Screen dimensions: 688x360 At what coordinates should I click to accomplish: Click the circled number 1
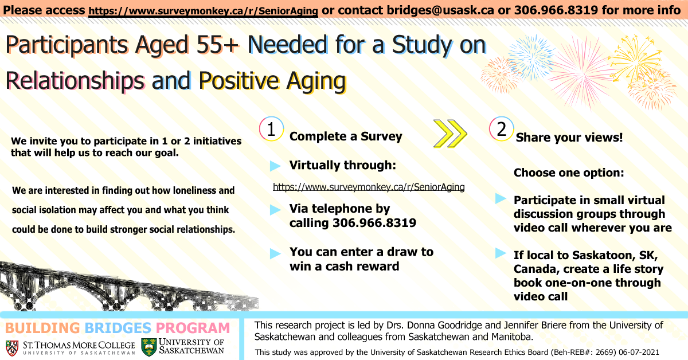tap(271, 129)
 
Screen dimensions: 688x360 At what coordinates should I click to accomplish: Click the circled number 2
tap(502, 129)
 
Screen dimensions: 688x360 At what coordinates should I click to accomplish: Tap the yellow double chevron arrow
tap(450, 134)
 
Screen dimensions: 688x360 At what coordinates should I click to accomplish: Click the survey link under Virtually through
tap(369, 187)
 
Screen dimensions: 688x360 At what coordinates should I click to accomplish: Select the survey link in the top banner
tap(203, 11)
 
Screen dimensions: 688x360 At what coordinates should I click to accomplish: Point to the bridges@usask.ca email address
tap(440, 10)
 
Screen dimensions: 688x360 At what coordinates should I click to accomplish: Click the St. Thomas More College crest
tap(12, 348)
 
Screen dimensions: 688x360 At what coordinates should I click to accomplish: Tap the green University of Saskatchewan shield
tap(149, 347)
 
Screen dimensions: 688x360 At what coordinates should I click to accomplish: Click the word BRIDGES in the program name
tap(118, 328)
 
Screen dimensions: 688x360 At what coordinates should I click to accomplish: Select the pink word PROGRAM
tap(193, 328)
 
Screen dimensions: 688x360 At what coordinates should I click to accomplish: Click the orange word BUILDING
tap(42, 328)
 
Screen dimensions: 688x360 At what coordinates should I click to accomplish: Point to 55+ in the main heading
tap(217, 45)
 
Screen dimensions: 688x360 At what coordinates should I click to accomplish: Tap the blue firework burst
tap(531, 57)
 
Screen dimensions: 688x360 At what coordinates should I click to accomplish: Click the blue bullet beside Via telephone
tap(275, 210)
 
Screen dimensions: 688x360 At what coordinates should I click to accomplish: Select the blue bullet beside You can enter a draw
tap(275, 254)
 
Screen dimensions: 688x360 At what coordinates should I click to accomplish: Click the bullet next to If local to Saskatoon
tap(501, 253)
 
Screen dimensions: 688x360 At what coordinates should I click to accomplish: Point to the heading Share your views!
tap(569, 138)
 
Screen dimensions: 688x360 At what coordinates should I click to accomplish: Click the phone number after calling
tap(374, 222)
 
